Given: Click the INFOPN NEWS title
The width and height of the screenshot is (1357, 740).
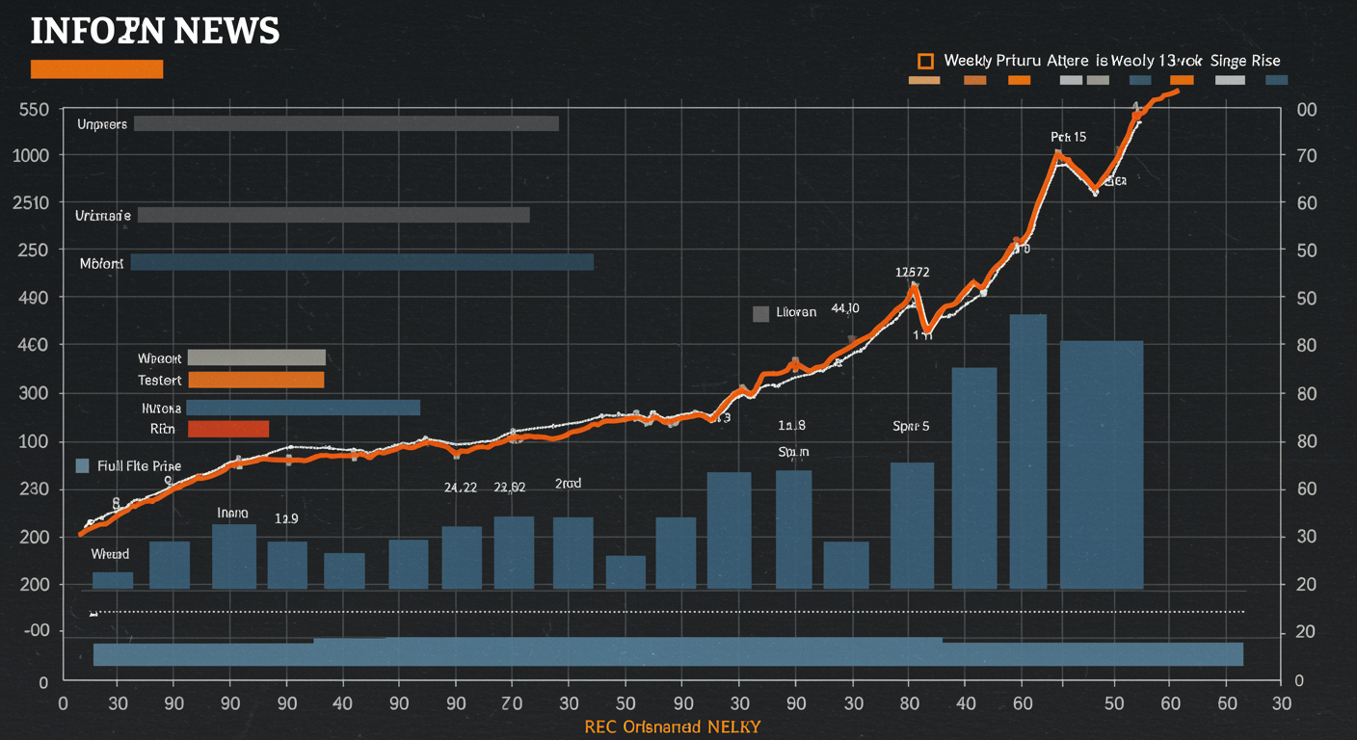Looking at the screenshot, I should tap(154, 32).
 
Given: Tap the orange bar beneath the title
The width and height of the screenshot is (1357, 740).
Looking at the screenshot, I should tap(96, 69).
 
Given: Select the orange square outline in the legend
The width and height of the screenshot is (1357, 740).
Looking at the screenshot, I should tap(925, 61).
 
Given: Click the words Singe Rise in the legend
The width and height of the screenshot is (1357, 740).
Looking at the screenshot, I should tap(1245, 61).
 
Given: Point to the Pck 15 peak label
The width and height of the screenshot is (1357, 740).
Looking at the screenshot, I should tap(1068, 137).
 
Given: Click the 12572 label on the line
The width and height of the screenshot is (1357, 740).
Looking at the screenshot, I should tap(912, 272).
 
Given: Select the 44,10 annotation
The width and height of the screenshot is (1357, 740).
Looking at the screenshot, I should tap(844, 308).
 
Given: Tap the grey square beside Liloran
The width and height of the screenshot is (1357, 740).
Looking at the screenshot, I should tap(760, 313).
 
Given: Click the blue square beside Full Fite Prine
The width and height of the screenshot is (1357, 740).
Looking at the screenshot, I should tap(83, 466).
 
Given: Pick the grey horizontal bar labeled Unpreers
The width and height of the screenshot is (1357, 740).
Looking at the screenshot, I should tap(346, 123).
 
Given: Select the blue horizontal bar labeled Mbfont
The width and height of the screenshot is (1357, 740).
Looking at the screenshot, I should tap(361, 262).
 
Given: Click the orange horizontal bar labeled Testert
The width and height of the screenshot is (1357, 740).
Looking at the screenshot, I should tap(256, 381).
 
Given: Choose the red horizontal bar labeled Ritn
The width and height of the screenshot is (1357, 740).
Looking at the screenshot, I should tap(227, 429).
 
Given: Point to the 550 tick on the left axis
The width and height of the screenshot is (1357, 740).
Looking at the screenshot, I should tap(34, 110).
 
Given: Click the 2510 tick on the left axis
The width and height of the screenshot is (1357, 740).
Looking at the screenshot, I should tap(31, 203).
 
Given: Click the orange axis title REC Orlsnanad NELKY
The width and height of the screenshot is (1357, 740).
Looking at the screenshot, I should tap(672, 727).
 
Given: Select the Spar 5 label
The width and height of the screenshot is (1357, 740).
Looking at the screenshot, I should tap(911, 426).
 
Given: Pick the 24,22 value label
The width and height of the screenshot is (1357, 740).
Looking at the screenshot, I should tap(460, 488).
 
